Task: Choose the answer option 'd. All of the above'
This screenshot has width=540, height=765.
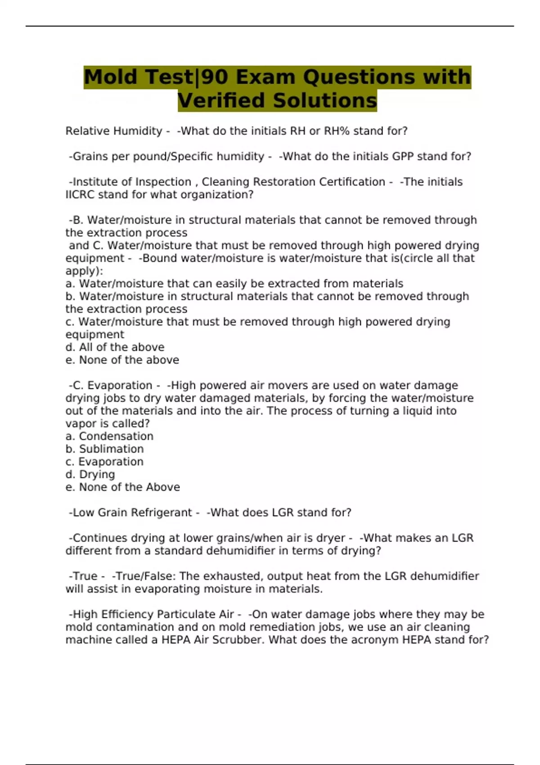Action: [115, 347]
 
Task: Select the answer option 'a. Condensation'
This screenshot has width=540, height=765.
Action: [109, 436]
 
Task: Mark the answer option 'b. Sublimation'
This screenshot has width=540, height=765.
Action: [104, 449]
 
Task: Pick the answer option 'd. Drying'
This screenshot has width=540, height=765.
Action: [90, 474]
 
